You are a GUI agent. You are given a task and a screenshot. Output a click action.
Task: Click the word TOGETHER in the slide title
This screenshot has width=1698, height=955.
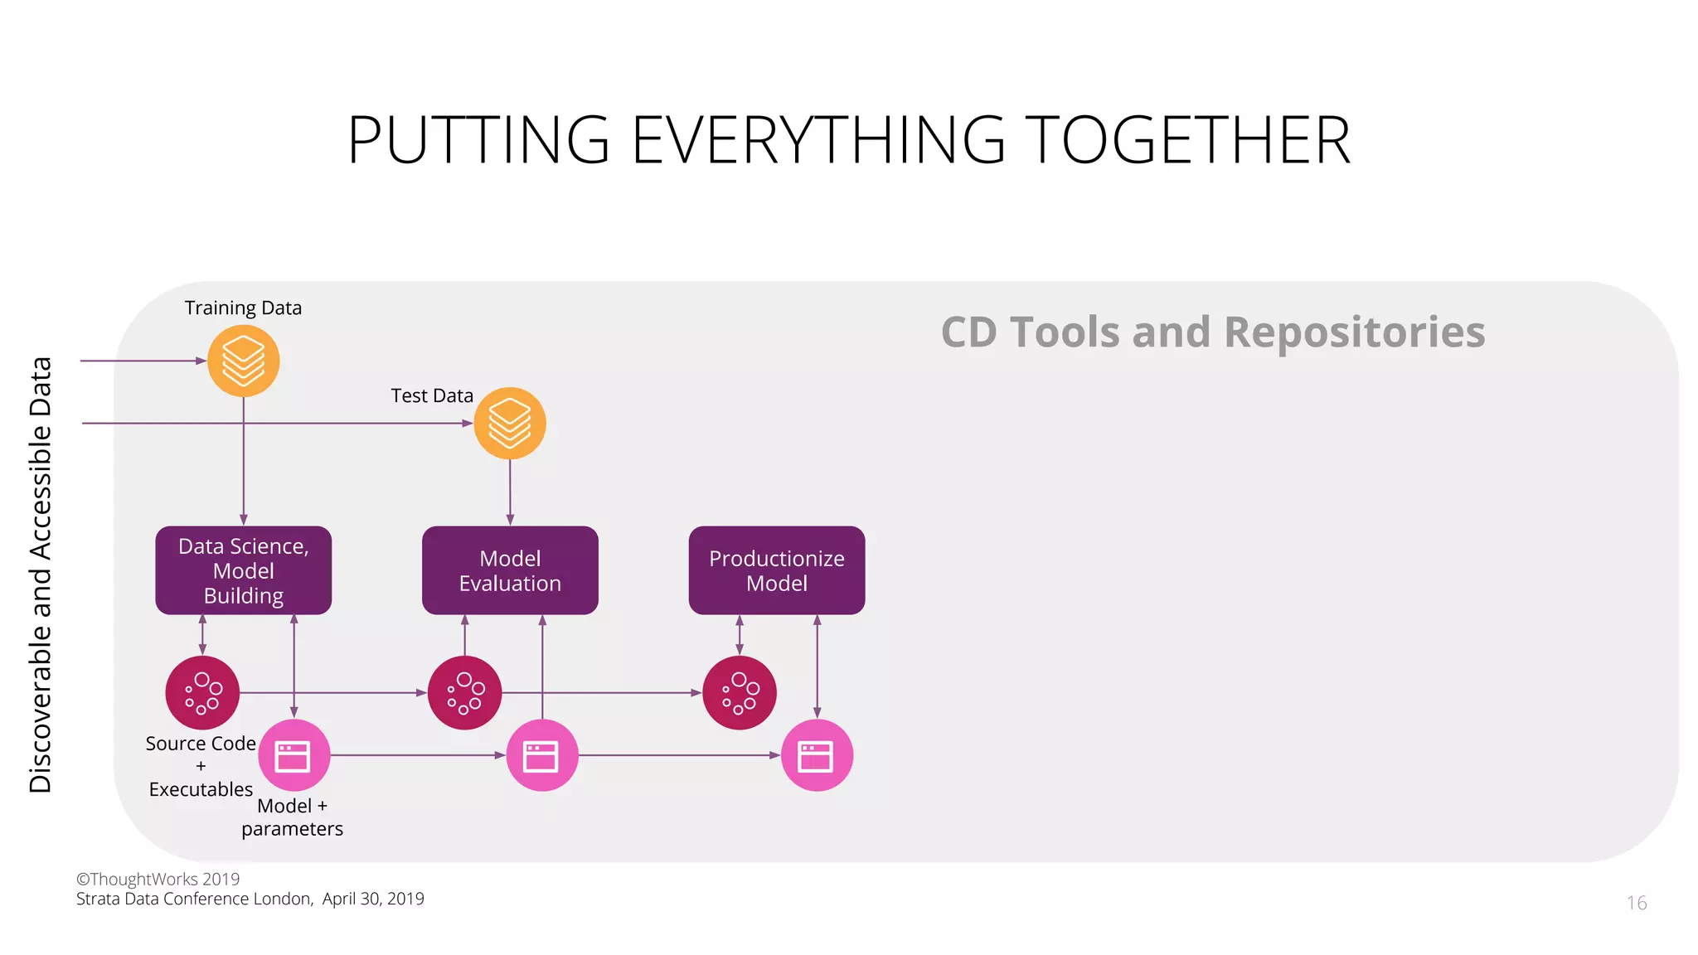click(x=1187, y=140)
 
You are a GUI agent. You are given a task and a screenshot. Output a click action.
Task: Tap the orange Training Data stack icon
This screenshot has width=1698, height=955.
click(x=243, y=361)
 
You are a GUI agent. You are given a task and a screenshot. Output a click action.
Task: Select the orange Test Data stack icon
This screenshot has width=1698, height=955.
click(x=510, y=423)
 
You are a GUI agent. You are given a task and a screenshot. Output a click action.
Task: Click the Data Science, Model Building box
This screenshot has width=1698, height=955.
click(x=243, y=570)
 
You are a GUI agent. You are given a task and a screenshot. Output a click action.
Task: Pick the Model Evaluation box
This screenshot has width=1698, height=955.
click(x=510, y=570)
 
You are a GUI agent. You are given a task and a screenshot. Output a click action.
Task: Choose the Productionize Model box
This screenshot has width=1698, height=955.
click(x=777, y=570)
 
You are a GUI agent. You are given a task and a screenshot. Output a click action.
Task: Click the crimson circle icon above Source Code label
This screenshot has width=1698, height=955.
click(x=202, y=692)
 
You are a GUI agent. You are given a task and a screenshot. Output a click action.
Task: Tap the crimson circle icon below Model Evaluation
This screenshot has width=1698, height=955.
click(x=464, y=692)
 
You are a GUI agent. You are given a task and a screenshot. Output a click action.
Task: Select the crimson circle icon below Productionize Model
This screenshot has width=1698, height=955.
click(x=740, y=692)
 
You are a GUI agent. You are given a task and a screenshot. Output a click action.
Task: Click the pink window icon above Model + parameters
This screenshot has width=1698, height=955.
click(x=294, y=755)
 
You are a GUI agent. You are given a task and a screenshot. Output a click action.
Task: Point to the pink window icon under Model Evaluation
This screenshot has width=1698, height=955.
click(x=541, y=755)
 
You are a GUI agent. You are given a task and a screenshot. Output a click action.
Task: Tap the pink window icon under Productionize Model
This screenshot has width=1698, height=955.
click(x=817, y=755)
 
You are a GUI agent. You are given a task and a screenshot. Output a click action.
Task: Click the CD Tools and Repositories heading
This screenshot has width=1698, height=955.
click(x=1212, y=332)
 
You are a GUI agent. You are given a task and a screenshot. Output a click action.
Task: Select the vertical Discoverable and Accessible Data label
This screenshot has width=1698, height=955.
click(x=41, y=574)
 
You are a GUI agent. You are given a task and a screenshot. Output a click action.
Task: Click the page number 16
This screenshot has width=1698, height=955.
click(x=1636, y=903)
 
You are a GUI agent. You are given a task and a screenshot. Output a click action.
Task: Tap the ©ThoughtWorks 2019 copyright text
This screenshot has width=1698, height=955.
click(x=158, y=879)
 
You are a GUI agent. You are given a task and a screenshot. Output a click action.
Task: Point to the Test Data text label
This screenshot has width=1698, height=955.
click(x=432, y=396)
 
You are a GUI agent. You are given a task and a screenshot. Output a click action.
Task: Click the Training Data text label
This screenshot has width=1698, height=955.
click(x=243, y=308)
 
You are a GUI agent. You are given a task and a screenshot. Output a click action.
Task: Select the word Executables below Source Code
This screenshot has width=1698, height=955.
click(x=201, y=789)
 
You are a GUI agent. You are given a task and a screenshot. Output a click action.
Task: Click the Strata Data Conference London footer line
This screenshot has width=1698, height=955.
click(x=250, y=899)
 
